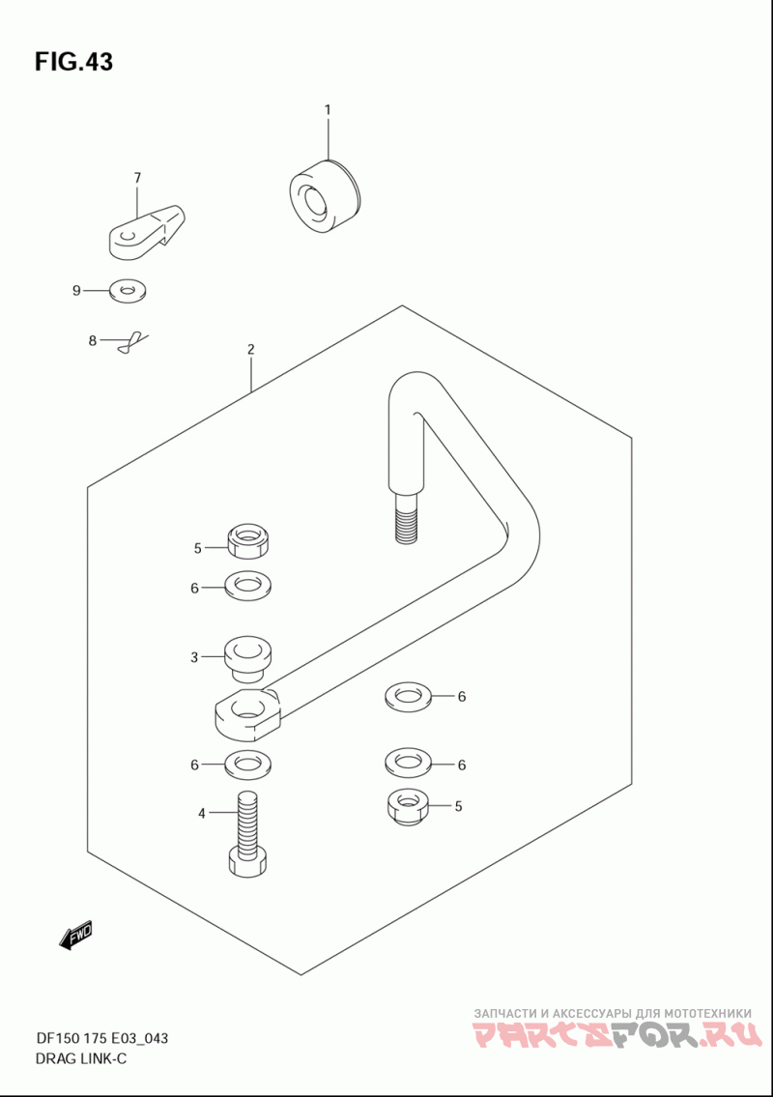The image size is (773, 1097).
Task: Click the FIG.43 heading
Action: coord(73,62)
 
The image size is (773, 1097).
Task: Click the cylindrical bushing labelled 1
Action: coord(325,195)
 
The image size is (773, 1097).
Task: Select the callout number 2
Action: coord(251,349)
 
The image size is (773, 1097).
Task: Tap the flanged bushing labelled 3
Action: coord(248,658)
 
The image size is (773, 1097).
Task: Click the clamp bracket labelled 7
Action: coord(147,232)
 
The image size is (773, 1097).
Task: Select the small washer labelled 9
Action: coord(128,290)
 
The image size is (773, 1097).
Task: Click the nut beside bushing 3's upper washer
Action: coord(249,541)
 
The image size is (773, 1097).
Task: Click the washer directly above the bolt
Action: coord(248,764)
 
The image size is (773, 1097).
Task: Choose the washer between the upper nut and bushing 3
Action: coord(248,586)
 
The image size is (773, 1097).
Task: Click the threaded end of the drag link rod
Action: coord(407,516)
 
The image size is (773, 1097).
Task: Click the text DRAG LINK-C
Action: coord(80,1058)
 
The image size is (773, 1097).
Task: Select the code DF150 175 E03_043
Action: coord(100,1037)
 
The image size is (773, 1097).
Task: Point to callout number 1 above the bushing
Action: coord(327,110)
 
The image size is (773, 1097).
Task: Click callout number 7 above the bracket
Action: coord(137,178)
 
